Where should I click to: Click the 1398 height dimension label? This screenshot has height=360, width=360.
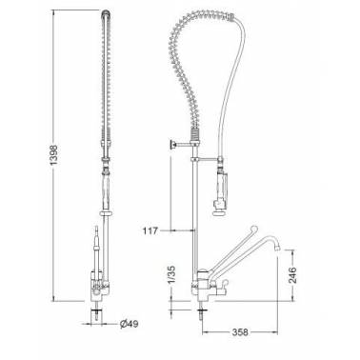click(x=54, y=155)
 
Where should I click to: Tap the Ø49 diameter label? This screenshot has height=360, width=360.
click(x=130, y=324)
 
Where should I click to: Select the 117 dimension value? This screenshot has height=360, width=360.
click(x=150, y=230)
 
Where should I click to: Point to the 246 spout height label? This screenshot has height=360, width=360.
click(x=291, y=275)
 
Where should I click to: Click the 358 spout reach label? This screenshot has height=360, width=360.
click(x=240, y=332)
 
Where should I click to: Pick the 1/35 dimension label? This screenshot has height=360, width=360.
click(x=171, y=275)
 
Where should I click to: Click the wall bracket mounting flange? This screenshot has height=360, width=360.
click(x=172, y=145)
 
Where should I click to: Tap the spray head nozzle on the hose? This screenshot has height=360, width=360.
click(x=219, y=212)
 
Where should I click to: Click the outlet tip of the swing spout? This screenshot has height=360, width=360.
click(x=277, y=246)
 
